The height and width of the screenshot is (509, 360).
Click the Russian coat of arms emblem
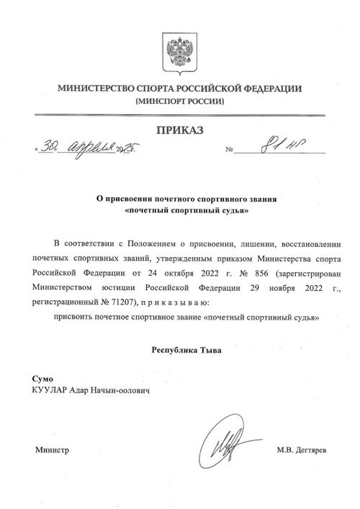coord(179,53)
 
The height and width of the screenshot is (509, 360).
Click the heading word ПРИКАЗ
coord(180,130)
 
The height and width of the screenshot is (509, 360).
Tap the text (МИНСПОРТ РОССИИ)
coord(180,102)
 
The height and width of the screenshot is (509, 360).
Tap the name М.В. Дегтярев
coord(301,450)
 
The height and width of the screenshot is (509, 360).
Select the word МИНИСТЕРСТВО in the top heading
coord(84,89)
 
